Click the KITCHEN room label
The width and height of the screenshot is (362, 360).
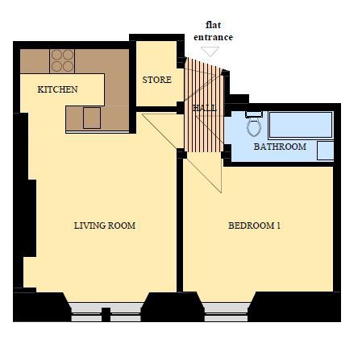(x=57, y=89)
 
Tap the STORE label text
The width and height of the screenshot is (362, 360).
(x=157, y=80)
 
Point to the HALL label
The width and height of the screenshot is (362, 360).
(x=204, y=108)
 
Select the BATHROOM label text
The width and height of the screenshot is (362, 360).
(x=280, y=147)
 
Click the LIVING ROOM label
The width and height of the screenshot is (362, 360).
(x=105, y=226)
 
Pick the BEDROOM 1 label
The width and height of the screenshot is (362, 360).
(x=254, y=226)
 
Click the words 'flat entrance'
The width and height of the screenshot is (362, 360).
(x=213, y=31)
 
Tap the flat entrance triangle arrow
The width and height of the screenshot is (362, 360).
(x=210, y=51)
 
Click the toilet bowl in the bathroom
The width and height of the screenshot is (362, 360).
(x=254, y=127)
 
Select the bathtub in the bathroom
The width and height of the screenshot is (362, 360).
(x=301, y=125)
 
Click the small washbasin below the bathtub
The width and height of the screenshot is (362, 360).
(x=325, y=151)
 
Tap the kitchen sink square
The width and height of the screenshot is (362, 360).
(x=92, y=118)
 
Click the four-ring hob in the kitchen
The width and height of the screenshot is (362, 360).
(x=62, y=61)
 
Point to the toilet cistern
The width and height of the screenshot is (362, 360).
(x=254, y=114)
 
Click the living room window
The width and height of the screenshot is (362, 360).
(x=106, y=312)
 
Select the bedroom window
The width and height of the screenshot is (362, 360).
(x=226, y=312)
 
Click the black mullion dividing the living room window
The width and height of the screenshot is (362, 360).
(x=106, y=315)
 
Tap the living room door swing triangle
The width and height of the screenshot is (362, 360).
(x=163, y=131)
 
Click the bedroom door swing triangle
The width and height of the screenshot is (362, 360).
(x=204, y=172)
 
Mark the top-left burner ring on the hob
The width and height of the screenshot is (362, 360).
(x=56, y=55)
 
